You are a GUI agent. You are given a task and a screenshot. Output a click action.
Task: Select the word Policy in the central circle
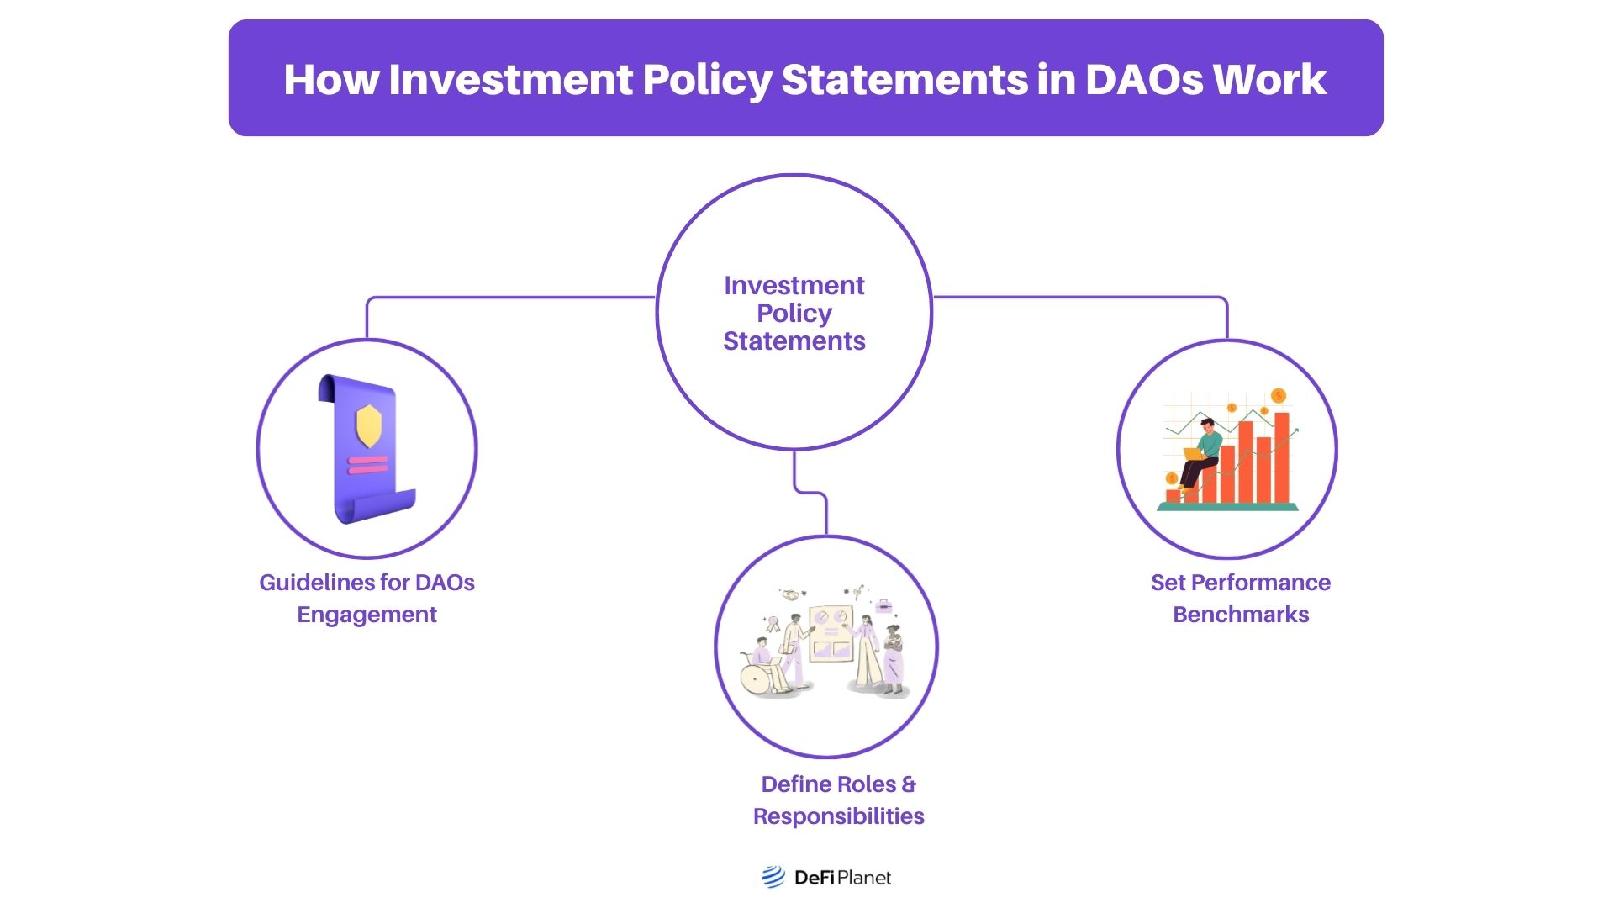click(x=794, y=314)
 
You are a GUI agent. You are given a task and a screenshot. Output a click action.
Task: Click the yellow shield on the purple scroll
click(x=369, y=426)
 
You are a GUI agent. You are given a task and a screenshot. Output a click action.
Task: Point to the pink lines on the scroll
click(x=368, y=465)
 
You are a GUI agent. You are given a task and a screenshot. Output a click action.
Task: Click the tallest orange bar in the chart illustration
click(x=1282, y=458)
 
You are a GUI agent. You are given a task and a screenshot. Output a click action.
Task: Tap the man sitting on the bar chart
click(x=1202, y=454)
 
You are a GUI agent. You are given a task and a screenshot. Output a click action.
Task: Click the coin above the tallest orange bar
click(x=1279, y=396)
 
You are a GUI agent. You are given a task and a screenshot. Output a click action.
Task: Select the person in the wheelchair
click(x=761, y=668)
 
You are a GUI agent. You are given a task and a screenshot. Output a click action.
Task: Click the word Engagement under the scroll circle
click(x=367, y=615)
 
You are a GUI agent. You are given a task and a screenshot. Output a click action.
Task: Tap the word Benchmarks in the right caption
click(x=1241, y=615)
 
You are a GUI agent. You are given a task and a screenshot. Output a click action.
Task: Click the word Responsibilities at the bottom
click(x=838, y=816)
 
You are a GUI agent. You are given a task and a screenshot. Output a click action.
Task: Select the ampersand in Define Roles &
click(x=909, y=784)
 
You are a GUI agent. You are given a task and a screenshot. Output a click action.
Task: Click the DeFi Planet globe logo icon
click(x=773, y=877)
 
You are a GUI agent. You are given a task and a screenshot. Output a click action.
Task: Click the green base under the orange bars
click(x=1227, y=507)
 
